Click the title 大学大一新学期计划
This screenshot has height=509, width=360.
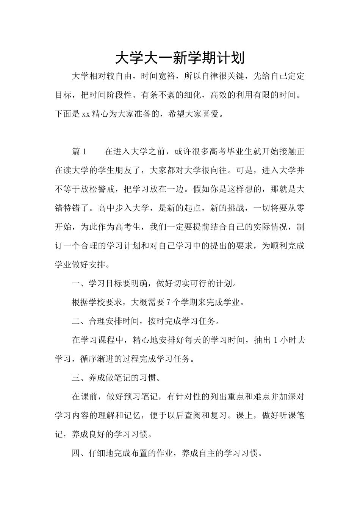coord(180,58)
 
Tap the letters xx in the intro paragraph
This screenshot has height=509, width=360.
coord(86,114)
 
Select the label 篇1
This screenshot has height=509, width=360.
coord(80,152)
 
